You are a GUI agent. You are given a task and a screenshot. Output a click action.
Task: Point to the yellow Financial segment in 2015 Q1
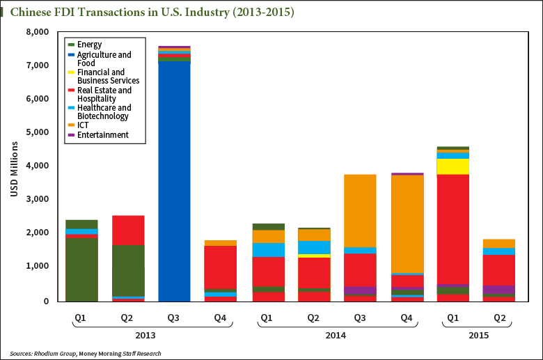pyautogui.click(x=452, y=166)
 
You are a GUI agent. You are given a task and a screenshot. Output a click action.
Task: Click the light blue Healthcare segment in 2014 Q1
pyautogui.click(x=268, y=249)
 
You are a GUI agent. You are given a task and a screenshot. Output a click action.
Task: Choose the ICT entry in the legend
pyautogui.click(x=83, y=125)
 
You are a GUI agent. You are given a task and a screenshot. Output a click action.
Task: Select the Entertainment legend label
pyautogui.click(x=102, y=134)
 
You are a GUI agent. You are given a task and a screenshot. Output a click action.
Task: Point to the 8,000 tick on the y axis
pyautogui.click(x=37, y=32)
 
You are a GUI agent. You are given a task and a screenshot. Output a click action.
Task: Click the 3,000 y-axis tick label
pyautogui.click(x=37, y=199)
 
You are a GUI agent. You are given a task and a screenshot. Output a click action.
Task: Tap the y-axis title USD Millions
pyautogui.click(x=15, y=167)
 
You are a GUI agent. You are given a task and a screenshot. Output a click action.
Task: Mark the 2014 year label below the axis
pyautogui.click(x=336, y=336)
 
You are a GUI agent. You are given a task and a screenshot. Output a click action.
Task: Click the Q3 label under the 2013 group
pyautogui.click(x=174, y=318)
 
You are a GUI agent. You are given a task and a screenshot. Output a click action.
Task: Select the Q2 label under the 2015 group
pyautogui.click(x=499, y=318)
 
